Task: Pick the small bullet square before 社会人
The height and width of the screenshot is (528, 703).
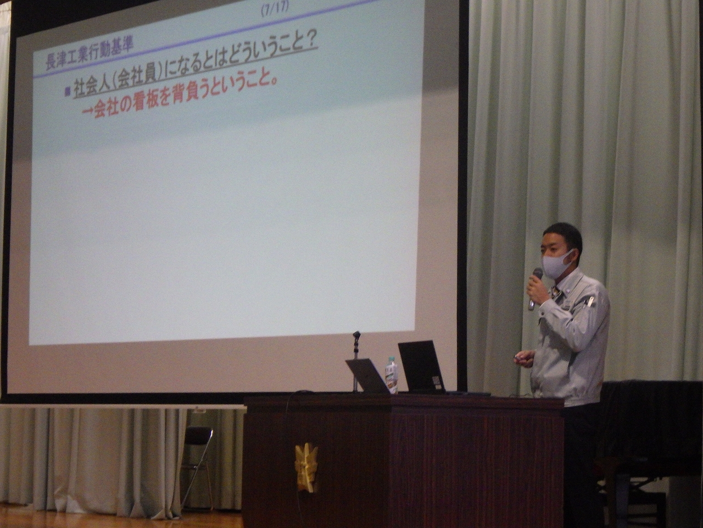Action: pyautogui.click(x=67, y=91)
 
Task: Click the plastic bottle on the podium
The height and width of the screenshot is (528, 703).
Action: pyautogui.click(x=392, y=375)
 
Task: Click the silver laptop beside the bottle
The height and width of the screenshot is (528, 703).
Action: pyautogui.click(x=369, y=377)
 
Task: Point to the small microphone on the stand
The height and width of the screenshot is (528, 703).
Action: pyautogui.click(x=355, y=334)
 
